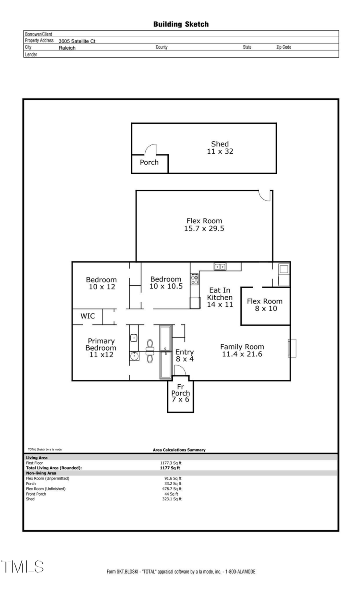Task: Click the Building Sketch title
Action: pos(181,24)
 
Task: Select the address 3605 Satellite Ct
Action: pos(77,41)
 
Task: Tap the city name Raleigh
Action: pos(67,48)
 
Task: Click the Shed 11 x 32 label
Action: pos(220,147)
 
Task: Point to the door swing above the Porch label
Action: pos(151,150)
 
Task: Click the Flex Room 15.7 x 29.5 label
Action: pos(204,225)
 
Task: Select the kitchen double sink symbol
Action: pos(220,267)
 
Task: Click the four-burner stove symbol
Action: pos(194,279)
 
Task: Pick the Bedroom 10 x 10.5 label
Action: pos(166,283)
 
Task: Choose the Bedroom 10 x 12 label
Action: pos(102,283)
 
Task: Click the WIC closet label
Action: pos(88,316)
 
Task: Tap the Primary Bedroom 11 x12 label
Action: pos(101,347)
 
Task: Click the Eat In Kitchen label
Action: pos(220,297)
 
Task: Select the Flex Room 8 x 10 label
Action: pos(265,305)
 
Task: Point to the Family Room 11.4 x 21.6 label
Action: pos(242,350)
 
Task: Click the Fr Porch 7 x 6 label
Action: pos(180,393)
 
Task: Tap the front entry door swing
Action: pos(179,371)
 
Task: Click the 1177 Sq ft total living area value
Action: pos(170,468)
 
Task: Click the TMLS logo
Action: pos(22,567)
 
